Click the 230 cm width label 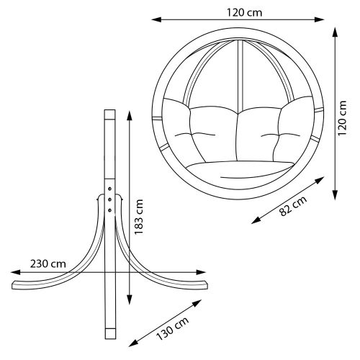click(x=48, y=264)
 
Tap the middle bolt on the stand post click(x=109, y=196)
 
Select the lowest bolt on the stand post click(x=109, y=209)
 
